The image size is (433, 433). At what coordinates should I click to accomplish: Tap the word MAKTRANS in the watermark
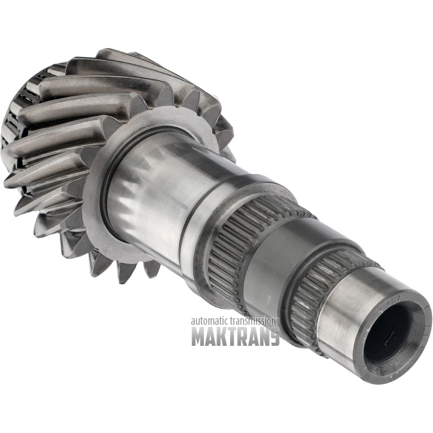(235, 336)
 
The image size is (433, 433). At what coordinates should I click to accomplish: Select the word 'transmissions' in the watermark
(253, 321)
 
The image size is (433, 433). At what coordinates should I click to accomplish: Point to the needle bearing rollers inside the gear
(19, 110)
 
